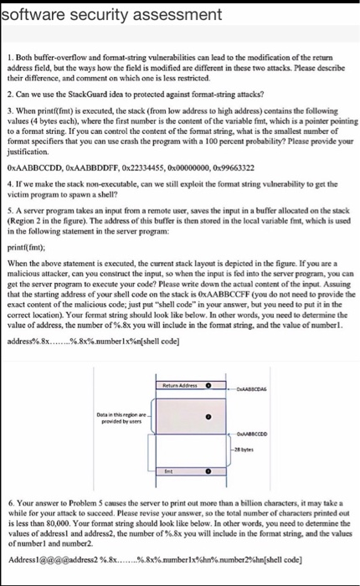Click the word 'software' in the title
(28, 10)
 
